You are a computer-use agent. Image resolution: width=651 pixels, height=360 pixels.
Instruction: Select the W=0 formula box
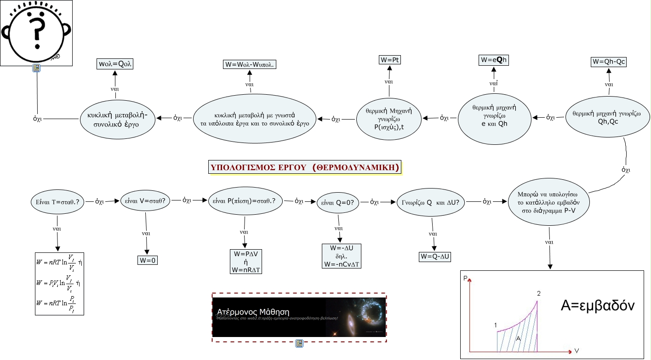coord(147,260)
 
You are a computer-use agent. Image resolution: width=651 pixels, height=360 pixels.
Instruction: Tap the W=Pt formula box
coord(389,59)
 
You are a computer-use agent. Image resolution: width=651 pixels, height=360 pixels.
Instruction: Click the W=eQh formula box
coord(494,60)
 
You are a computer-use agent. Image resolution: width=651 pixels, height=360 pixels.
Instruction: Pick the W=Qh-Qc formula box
coord(609,61)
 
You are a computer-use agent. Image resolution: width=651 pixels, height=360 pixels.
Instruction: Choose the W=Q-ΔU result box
coord(434,257)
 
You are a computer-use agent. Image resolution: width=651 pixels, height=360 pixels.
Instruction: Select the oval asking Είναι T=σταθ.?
coord(57,201)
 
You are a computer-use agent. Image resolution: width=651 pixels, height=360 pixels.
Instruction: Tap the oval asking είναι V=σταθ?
coord(145,201)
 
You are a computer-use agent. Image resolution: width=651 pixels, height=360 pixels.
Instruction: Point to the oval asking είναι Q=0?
coord(338,201)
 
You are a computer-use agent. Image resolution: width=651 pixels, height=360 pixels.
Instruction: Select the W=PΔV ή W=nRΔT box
coord(246,261)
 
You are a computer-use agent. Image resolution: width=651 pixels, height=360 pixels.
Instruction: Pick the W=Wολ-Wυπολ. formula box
coord(250,64)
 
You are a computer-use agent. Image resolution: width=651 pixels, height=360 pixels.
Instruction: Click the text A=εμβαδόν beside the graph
coord(598,305)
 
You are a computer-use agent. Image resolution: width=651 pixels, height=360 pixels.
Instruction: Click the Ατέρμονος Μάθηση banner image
coord(299,317)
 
